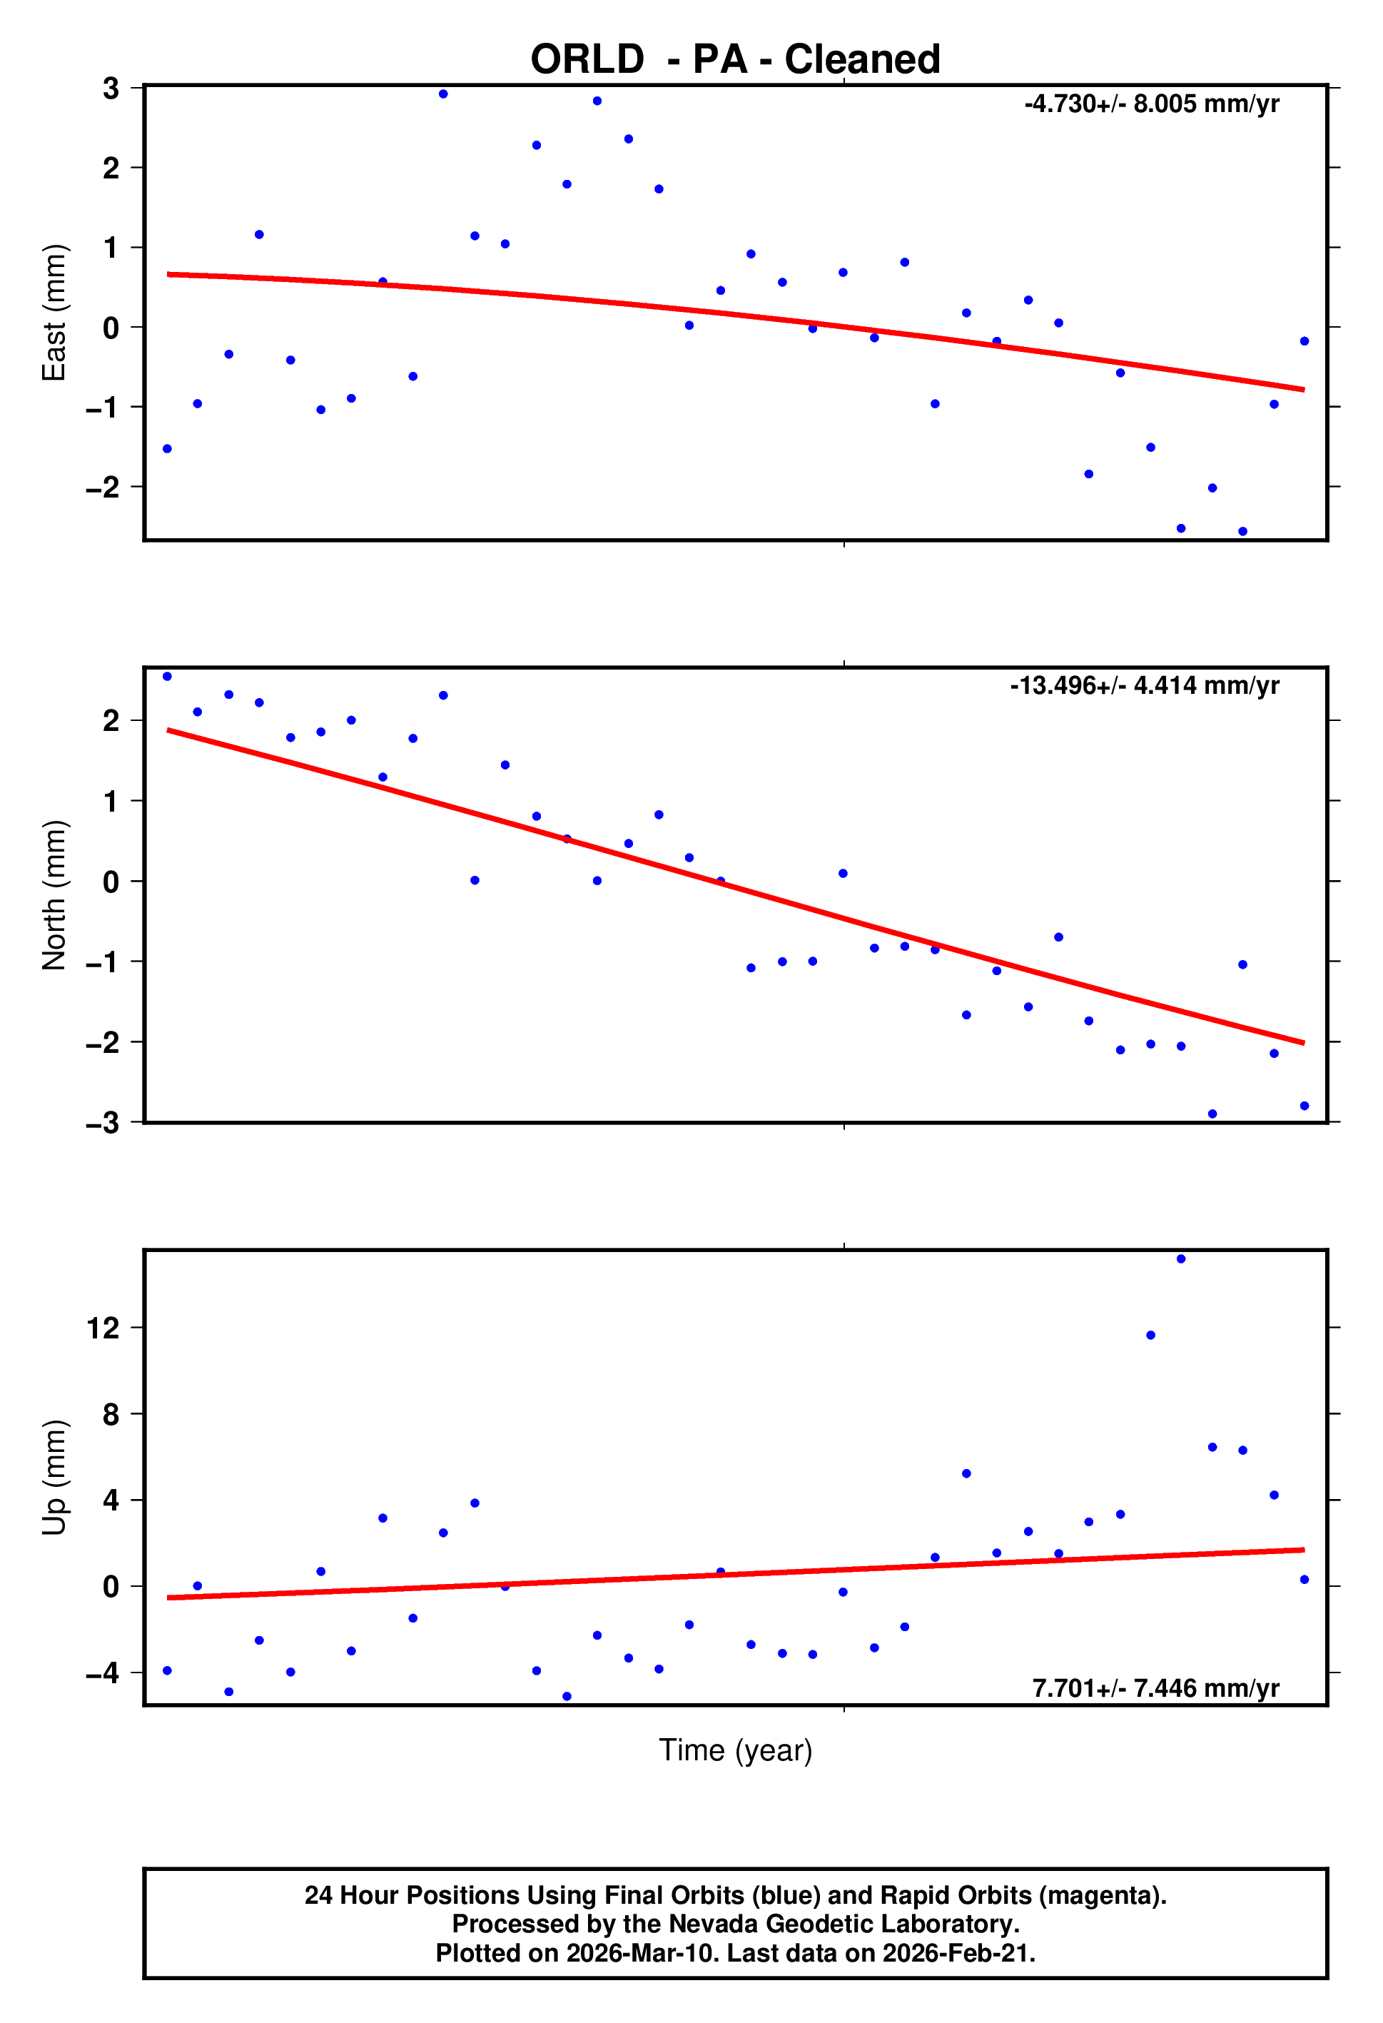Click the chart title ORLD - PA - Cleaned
(736, 60)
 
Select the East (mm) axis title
(54, 313)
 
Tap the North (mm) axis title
(54, 895)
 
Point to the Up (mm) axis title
(54, 1477)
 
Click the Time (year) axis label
(736, 1750)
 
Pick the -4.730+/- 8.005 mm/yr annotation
(1152, 104)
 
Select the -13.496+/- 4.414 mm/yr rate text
(1145, 686)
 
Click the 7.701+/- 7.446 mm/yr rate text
(1156, 1689)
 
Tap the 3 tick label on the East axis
(111, 88)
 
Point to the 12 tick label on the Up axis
(103, 1328)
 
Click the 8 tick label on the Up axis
(111, 1415)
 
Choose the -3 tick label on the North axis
(103, 1123)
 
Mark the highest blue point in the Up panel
(1181, 1260)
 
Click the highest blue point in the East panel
(443, 94)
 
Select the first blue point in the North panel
(167, 677)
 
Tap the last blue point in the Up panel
(1304, 1580)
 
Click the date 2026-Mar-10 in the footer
(642, 1953)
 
